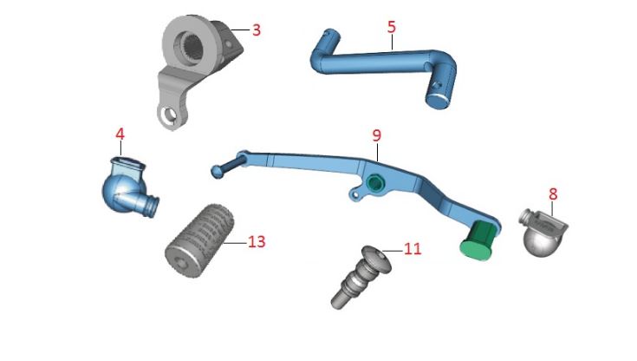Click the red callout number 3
point(257,29)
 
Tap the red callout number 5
point(392,27)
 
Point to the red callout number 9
point(376,135)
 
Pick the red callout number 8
point(553,193)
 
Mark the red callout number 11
point(413,248)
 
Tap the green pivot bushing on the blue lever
point(374,182)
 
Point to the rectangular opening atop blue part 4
point(128,159)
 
